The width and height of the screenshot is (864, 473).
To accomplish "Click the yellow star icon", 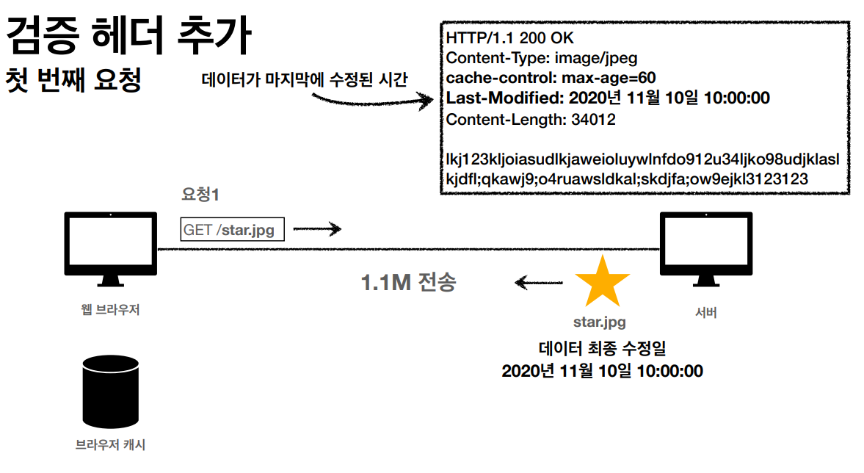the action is [x=602, y=282].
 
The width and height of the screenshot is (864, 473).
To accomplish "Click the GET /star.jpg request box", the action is [x=232, y=230].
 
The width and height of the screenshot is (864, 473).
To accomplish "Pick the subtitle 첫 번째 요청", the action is [x=73, y=79].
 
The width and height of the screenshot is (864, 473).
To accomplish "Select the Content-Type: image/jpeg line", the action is [x=542, y=58].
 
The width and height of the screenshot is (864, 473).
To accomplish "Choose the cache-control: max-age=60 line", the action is [x=551, y=78].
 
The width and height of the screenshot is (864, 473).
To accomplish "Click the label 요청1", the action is [x=200, y=195].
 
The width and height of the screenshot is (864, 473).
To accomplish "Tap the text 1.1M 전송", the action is [x=409, y=282].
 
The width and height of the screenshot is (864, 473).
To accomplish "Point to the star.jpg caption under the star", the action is [x=600, y=322].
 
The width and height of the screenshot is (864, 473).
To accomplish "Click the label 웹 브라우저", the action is [x=110, y=310].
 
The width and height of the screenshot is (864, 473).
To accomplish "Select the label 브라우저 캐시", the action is [x=110, y=445].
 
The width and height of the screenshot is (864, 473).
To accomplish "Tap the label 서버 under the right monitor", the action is [x=705, y=313].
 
